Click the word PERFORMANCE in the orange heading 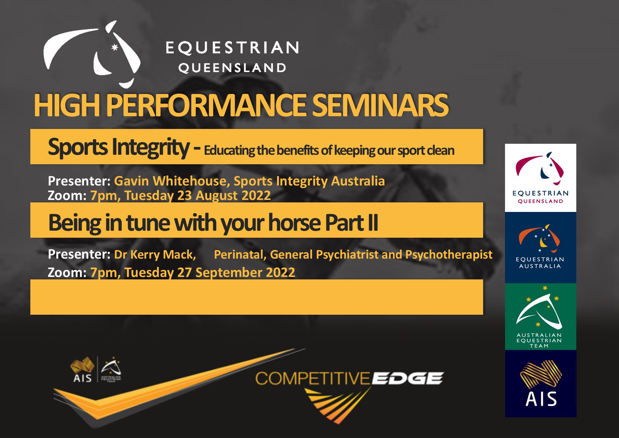pyautogui.click(x=206, y=105)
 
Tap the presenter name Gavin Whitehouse pyautogui.click(x=170, y=181)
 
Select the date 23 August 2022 pyautogui.click(x=224, y=195)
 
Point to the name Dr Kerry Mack pyautogui.click(x=155, y=254)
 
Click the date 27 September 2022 pyautogui.click(x=236, y=272)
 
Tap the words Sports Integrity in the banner pyautogui.click(x=119, y=147)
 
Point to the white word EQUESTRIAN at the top pyautogui.click(x=232, y=48)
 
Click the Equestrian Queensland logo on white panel pyautogui.click(x=540, y=178)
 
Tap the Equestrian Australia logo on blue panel pyautogui.click(x=540, y=248)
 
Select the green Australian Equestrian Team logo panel pyautogui.click(x=540, y=316)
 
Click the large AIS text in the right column pyautogui.click(x=541, y=399)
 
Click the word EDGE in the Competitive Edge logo pyautogui.click(x=408, y=378)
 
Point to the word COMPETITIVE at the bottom pyautogui.click(x=312, y=378)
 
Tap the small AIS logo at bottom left pyautogui.click(x=83, y=370)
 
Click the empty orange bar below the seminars pyautogui.click(x=257, y=297)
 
